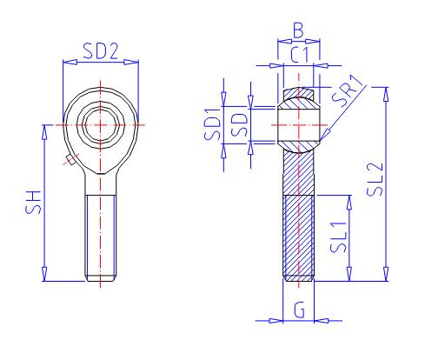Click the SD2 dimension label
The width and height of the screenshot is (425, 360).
click(100, 51)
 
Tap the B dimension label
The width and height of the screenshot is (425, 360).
click(298, 31)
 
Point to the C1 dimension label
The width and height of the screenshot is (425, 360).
click(299, 55)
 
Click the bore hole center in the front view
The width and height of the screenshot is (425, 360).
click(102, 124)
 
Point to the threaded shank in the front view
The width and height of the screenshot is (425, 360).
click(102, 235)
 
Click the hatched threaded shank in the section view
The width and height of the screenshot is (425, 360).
click(298, 235)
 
